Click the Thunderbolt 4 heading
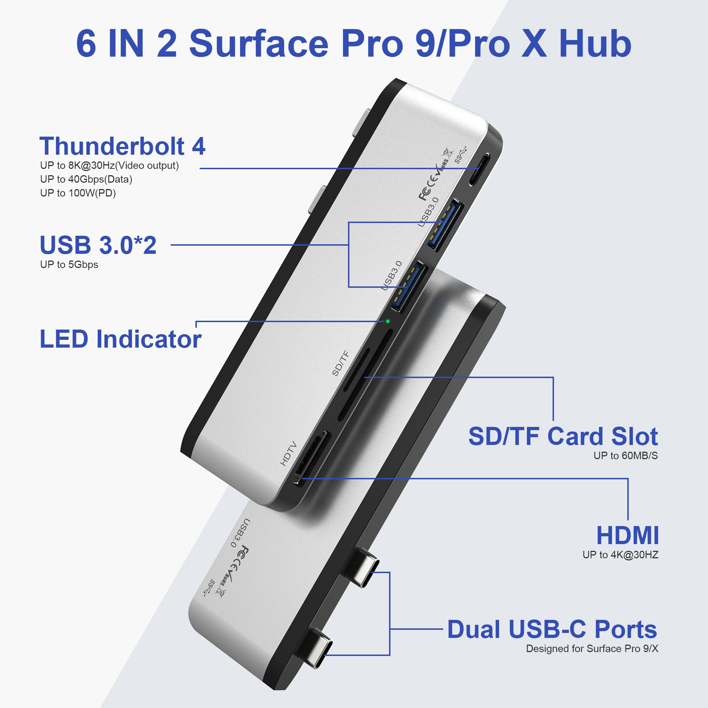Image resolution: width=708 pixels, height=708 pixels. pos(122,146)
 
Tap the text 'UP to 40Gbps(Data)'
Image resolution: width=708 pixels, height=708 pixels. pos(86,179)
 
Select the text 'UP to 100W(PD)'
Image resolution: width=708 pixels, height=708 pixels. pos(78,193)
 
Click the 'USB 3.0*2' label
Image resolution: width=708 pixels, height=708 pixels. pos(98,245)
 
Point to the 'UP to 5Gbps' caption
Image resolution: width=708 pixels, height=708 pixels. pos(69,264)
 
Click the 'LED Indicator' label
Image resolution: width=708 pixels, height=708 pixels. pos(120,339)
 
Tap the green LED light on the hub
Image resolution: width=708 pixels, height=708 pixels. pos(387,321)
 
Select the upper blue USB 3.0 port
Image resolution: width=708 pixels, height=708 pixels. pos(445,225)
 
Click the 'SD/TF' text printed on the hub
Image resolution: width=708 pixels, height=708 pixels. pos(341,363)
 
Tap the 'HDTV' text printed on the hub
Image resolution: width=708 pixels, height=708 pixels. pos(289,453)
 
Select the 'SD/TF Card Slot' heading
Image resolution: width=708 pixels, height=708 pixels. pos(563,436)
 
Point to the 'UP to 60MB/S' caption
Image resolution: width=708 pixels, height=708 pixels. pos(625,456)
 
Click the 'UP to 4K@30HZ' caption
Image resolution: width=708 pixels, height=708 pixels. pos(620,554)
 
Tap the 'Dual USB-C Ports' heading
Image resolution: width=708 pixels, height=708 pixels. pos(552,629)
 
